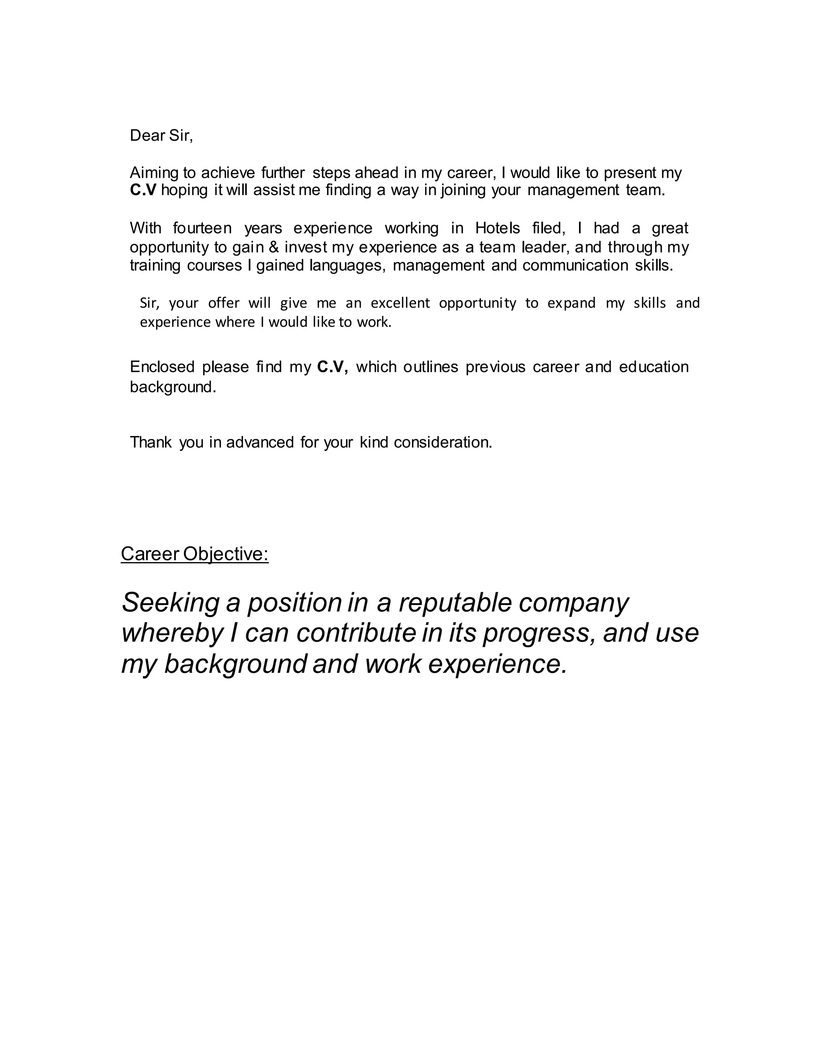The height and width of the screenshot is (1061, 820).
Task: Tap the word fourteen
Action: [x=202, y=228]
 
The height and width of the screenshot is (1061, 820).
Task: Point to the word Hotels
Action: [x=497, y=228]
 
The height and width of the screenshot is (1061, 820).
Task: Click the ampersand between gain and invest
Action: [x=274, y=247]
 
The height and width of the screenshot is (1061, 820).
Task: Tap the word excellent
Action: [x=400, y=303]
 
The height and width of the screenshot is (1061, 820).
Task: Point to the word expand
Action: [x=571, y=303]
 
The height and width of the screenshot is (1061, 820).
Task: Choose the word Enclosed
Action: [x=162, y=367]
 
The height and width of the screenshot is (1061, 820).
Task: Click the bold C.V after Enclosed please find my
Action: [x=332, y=367]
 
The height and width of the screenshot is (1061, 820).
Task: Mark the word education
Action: [x=654, y=367]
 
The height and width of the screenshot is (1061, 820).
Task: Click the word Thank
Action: [x=151, y=442]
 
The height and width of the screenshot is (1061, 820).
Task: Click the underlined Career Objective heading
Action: [x=194, y=554]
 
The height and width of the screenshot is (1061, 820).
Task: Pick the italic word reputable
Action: [x=455, y=603]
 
